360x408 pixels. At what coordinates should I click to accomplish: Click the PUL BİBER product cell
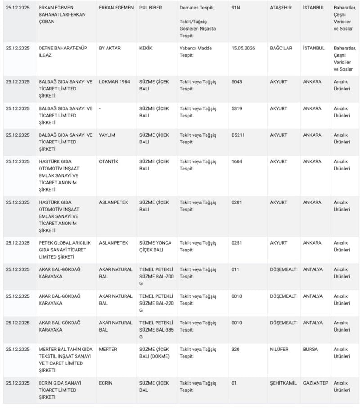[x=150, y=8]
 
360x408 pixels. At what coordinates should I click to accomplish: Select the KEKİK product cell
[x=146, y=48]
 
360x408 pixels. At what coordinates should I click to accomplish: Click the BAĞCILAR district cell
[x=282, y=48]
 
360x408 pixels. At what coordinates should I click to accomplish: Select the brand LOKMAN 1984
[x=115, y=82]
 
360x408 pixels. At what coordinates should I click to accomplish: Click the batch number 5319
[x=237, y=108]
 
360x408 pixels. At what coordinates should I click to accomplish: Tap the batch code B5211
[x=238, y=135]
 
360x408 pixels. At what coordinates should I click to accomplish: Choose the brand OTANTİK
[x=109, y=161]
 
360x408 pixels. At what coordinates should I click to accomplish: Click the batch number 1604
[x=237, y=161]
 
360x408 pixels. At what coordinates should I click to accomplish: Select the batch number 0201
[x=237, y=202]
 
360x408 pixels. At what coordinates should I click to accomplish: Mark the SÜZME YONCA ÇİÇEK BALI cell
[x=155, y=247]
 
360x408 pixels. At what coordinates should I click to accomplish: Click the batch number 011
[x=235, y=269]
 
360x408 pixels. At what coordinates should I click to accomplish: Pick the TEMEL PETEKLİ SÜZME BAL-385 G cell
[x=155, y=330]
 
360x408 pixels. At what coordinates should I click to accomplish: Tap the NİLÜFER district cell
[x=279, y=349]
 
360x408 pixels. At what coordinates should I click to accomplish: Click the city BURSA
[x=310, y=349]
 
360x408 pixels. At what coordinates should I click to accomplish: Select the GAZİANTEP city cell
[x=315, y=383]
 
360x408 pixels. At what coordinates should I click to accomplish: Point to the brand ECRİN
[x=106, y=383]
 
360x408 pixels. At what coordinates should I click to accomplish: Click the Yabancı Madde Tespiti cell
[x=196, y=52]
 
